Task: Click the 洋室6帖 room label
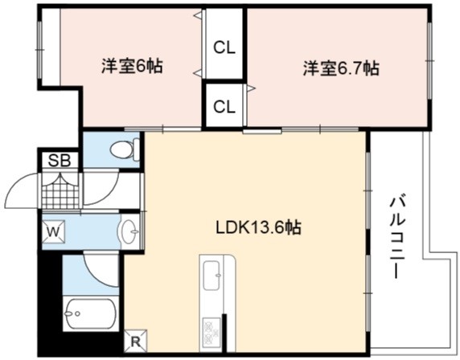point(132,67)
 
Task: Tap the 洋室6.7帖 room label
point(341,68)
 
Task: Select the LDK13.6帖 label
point(258,227)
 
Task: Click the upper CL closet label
point(224,47)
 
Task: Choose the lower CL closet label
point(224,107)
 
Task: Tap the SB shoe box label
point(60,161)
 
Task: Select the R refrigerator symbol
point(136,342)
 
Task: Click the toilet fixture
point(125,149)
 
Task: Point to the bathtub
point(91,313)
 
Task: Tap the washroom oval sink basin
point(128,231)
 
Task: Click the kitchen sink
point(212,276)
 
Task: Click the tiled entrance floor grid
point(60,190)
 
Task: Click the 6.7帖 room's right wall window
point(429,61)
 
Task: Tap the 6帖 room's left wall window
point(39,50)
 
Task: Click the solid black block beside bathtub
point(51,304)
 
